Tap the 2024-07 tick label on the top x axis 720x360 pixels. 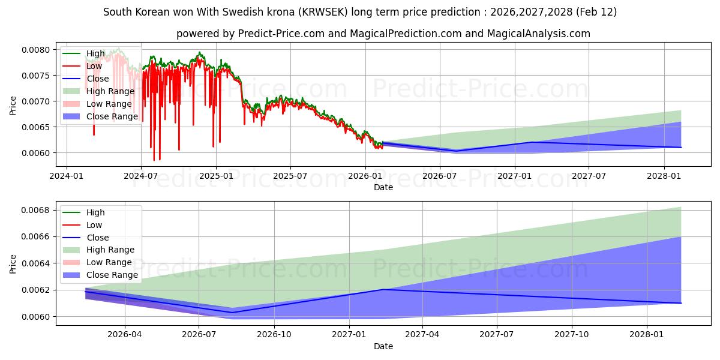point(140,176)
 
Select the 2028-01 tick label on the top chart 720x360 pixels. point(664,176)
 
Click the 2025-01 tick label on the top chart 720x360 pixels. point(215,176)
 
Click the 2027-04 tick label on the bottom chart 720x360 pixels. point(422,335)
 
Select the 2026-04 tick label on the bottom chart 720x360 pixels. point(125,335)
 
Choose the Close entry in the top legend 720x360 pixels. point(97,79)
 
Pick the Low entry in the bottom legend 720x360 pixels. point(94,225)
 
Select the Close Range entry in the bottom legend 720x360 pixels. point(112,275)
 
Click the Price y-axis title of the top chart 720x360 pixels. point(13,106)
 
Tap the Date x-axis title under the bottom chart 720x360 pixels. point(383,346)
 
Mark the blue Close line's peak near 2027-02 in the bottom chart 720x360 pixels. point(382,289)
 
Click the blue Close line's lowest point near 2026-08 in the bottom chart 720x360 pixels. point(232,312)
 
